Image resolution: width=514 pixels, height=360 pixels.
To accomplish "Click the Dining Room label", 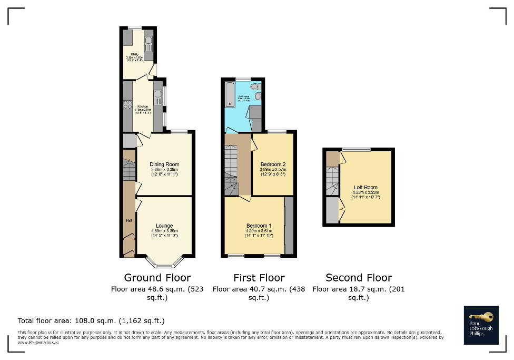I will point(164,164).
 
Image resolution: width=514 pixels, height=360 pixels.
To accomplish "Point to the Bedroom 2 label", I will point(273,164).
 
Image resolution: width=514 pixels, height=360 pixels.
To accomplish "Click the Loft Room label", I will point(365,187).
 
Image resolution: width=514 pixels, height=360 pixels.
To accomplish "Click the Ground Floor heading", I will point(157,277).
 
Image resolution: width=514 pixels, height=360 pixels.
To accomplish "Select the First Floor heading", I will point(259,277).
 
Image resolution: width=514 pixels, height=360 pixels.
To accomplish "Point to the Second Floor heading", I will point(359,277).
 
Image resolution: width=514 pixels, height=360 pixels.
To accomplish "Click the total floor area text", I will point(91,320).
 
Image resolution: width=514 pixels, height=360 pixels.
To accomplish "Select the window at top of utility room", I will point(135,27).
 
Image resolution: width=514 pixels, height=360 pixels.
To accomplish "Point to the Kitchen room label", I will point(142,106).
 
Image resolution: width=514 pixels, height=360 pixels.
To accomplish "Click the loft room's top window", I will point(356,149).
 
